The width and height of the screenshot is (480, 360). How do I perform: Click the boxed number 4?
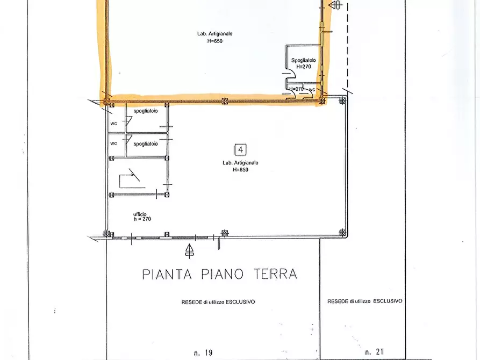pos(240,149)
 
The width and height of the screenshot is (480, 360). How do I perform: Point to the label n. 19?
pos(203,352)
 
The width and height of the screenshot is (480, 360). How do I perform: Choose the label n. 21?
pos(374,352)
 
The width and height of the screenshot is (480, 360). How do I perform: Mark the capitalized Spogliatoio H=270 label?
pos(303,63)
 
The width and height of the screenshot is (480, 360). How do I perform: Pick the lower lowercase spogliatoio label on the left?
pos(146,143)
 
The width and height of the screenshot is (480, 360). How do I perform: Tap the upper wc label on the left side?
pos(113,123)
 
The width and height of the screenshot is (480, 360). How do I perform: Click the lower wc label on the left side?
pos(113,143)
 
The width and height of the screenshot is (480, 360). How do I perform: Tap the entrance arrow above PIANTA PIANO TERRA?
pos(189,250)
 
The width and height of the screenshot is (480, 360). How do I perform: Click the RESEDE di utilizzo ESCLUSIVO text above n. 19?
pos(218,302)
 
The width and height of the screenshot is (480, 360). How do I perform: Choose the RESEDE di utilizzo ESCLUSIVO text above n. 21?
pos(364,301)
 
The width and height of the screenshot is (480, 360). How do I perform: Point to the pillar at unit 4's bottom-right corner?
pos(342,233)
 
